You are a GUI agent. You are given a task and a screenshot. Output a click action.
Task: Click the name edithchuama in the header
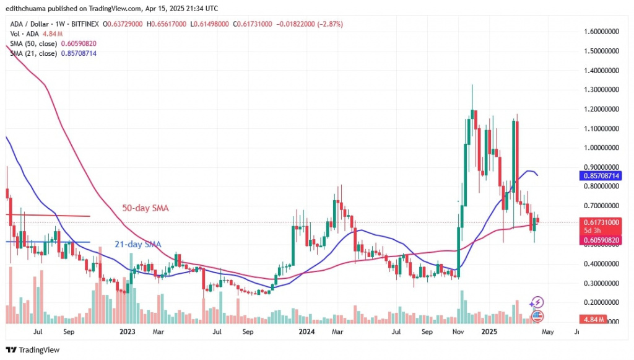click(x=27, y=8)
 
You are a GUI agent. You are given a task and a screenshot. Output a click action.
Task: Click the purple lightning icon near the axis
click(x=537, y=302)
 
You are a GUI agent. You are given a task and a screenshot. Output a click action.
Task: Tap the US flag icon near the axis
click(x=537, y=316)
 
